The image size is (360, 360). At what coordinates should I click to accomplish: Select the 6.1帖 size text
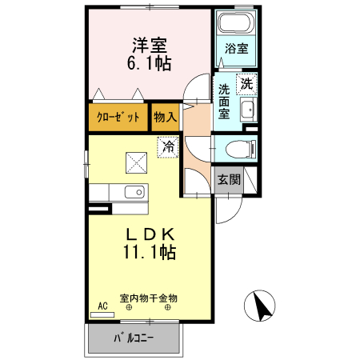(x=149, y=62)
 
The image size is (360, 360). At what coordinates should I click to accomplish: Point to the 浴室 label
(x=237, y=48)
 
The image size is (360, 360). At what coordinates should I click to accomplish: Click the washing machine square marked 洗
(x=247, y=83)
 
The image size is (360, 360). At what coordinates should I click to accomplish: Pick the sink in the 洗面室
(x=247, y=110)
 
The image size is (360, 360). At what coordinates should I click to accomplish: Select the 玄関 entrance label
(x=229, y=180)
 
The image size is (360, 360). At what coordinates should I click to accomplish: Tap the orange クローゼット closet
(x=118, y=118)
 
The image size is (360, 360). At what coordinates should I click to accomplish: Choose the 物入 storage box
(x=165, y=118)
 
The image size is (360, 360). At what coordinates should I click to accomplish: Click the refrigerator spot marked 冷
(x=168, y=148)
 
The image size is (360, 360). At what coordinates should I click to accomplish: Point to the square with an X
(x=134, y=162)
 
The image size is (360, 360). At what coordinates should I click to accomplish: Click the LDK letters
(x=149, y=234)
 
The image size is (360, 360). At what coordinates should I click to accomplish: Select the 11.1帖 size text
(x=149, y=252)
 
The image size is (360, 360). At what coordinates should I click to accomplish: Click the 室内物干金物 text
(x=149, y=298)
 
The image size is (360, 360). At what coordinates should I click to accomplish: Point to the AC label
(x=102, y=306)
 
